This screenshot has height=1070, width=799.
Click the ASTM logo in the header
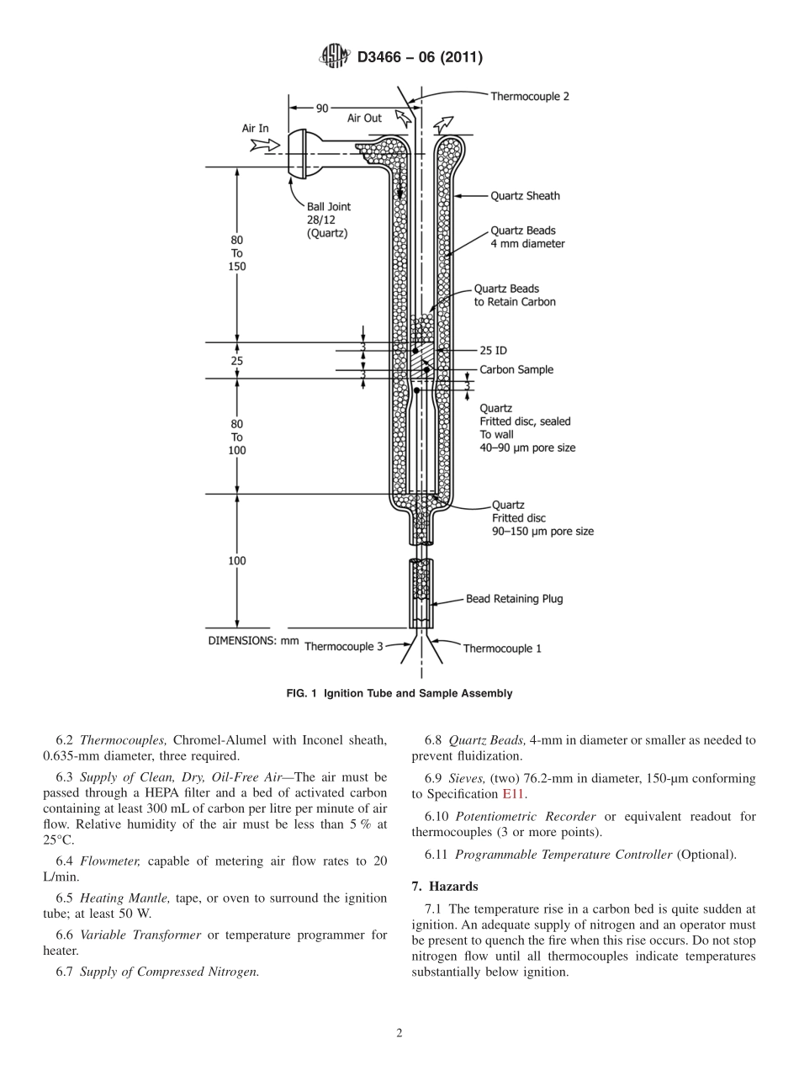[334, 57]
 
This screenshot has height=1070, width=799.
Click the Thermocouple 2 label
[530, 97]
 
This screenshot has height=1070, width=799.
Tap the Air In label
[256, 129]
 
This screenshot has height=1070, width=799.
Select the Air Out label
[364, 119]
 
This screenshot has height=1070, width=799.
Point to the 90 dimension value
[322, 108]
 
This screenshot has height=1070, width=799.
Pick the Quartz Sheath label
[525, 196]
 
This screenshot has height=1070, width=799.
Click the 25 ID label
[493, 350]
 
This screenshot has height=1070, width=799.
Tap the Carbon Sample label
[516, 369]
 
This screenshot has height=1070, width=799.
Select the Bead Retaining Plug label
[514, 599]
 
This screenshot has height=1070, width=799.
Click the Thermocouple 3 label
[343, 647]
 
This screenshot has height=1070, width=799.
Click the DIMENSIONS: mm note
[253, 640]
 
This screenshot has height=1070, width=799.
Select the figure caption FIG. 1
[399, 693]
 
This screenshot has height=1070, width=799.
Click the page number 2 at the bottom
[399, 1033]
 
